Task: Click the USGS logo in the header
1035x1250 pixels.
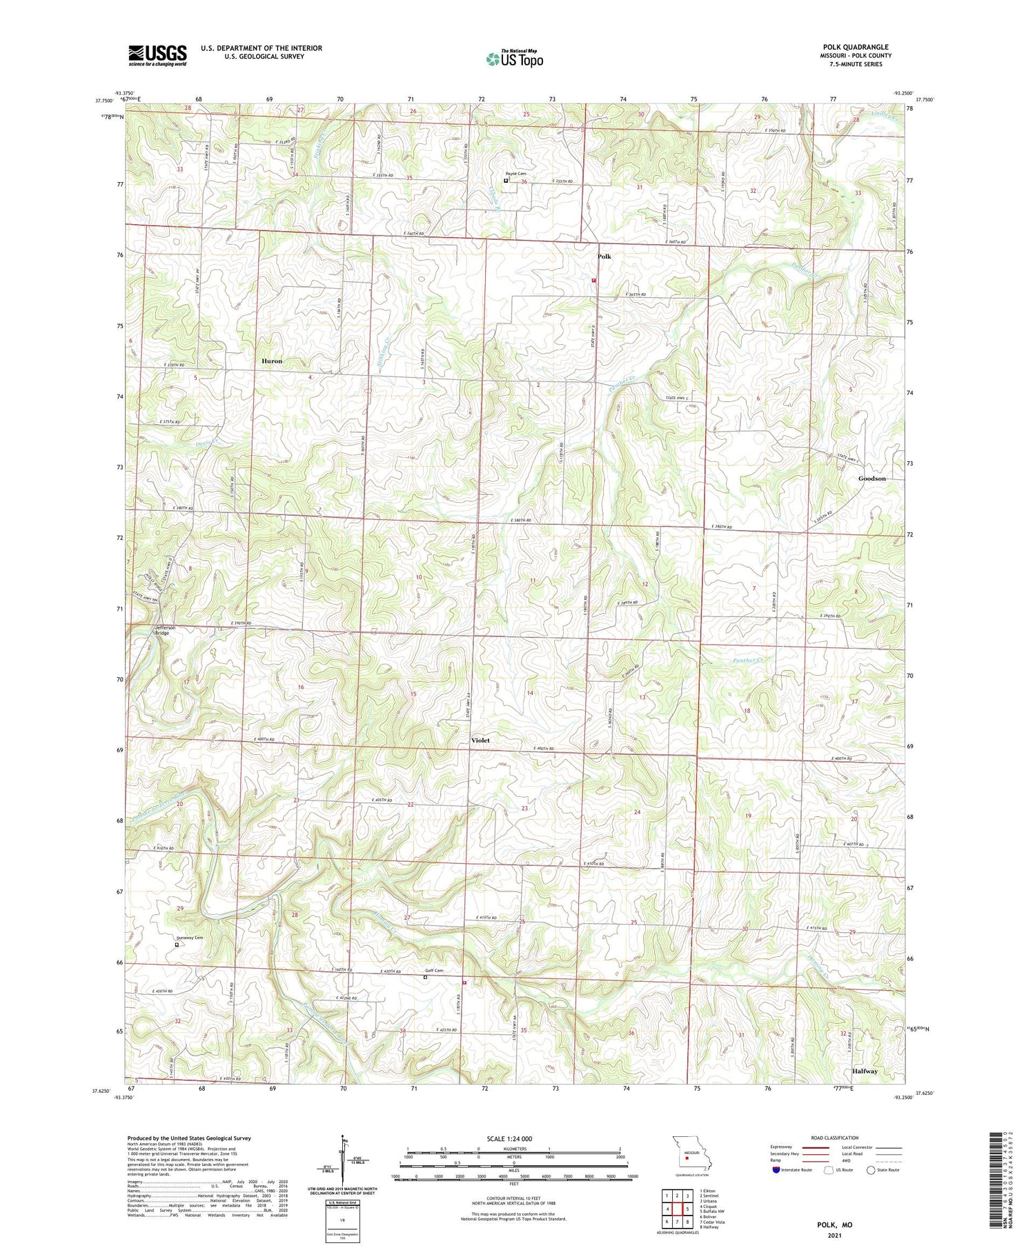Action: (x=157, y=55)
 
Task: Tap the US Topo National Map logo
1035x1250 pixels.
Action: (x=514, y=59)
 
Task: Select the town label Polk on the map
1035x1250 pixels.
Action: (x=604, y=256)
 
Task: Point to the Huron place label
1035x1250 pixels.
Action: (x=272, y=361)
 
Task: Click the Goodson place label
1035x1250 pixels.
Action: (x=871, y=478)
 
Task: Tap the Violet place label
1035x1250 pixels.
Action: (x=480, y=740)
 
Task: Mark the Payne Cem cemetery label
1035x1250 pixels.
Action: (x=515, y=174)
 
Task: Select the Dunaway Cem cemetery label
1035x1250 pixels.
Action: (x=188, y=938)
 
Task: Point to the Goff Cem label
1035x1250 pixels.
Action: (x=433, y=970)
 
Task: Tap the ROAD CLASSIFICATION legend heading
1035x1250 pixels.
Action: (x=835, y=1138)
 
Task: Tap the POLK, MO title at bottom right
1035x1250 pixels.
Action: (x=834, y=1224)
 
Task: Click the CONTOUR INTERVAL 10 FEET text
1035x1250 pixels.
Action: (x=513, y=1199)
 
